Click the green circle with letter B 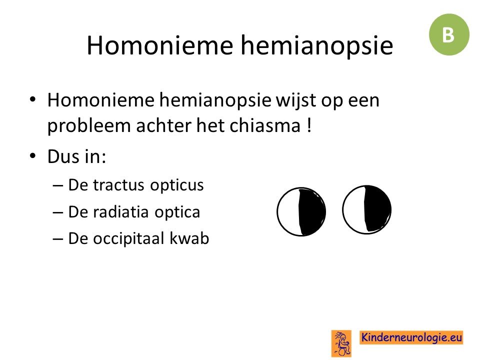[x=449, y=34]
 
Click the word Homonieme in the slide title [x=160, y=45]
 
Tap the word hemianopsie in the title [x=317, y=46]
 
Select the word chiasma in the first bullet [x=265, y=125]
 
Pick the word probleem [x=89, y=126]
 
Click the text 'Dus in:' [x=76, y=156]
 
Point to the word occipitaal [x=128, y=239]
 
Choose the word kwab [x=189, y=238]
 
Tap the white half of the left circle [x=288, y=212]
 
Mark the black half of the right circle [x=377, y=209]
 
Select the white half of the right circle [x=354, y=210]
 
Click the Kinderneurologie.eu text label [x=411, y=337]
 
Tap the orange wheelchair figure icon [x=341, y=343]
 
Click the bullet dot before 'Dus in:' [x=33, y=156]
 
